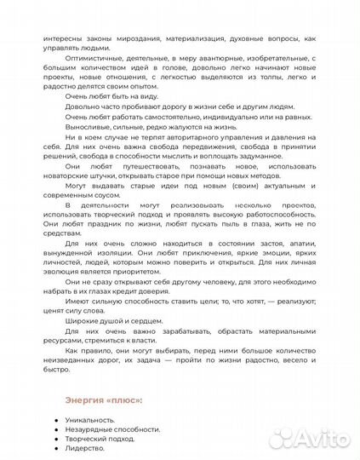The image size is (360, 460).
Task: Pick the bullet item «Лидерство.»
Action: pos(85,456)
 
